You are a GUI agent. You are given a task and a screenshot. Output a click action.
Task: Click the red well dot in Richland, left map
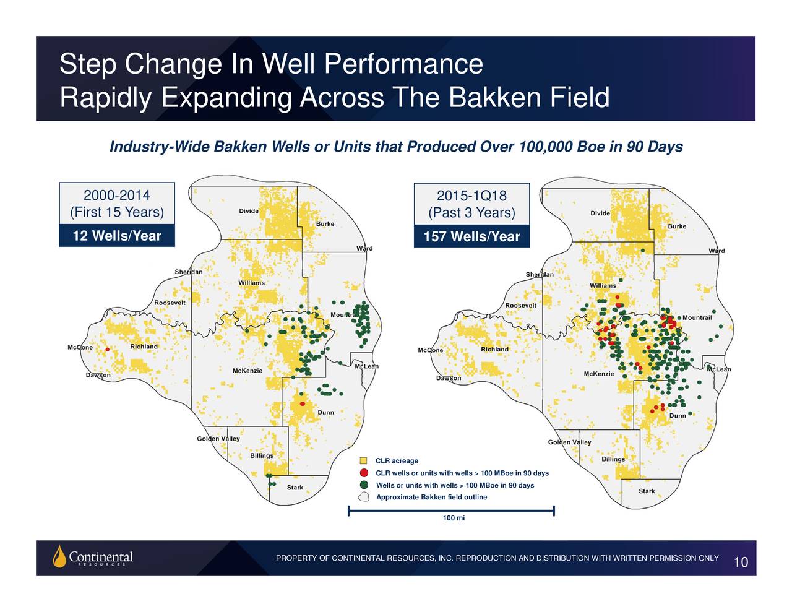coord(107,349)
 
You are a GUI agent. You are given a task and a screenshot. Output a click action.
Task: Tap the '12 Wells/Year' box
coord(117,236)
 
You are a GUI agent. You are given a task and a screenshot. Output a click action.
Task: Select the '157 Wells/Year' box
coord(471,236)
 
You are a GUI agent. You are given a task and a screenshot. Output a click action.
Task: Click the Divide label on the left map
coord(249,210)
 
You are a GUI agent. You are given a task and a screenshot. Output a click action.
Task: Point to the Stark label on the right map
coord(647,491)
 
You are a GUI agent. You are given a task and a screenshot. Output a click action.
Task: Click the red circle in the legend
coord(364,473)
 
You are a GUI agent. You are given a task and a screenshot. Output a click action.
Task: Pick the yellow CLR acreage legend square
coord(363,460)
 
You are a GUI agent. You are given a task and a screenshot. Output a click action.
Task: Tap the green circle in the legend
coord(364,485)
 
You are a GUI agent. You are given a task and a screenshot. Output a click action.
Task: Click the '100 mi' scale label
coord(454,517)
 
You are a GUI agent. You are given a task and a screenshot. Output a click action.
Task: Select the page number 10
coord(741,562)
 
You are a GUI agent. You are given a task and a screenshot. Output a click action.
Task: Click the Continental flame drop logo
coord(59,556)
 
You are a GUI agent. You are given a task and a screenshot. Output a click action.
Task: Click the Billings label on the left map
coord(261,455)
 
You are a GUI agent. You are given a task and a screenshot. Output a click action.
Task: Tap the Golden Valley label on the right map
coord(569,442)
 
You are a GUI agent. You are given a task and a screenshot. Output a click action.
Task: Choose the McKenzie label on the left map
coord(247,371)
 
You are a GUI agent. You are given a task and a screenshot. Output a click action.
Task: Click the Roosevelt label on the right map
coord(520,305)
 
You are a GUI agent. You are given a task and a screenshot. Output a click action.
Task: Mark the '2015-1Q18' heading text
coord(471,196)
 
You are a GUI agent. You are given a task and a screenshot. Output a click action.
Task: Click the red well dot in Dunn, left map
coord(302,403)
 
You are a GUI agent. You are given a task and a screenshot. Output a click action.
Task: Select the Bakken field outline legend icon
coord(364,497)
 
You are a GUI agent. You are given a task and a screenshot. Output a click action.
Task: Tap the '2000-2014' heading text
coord(117,195)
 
